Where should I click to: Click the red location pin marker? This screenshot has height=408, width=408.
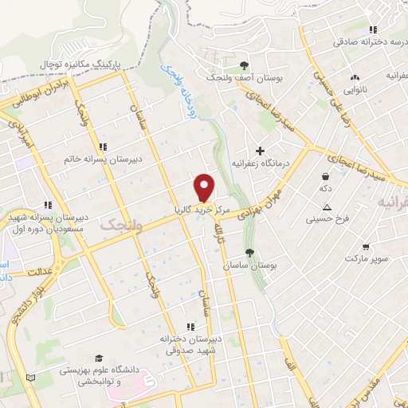pyautogui.click(x=205, y=187)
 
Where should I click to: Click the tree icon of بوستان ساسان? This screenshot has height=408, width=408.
pyautogui.click(x=250, y=253)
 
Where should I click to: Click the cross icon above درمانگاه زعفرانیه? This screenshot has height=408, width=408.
pyautogui.click(x=260, y=151)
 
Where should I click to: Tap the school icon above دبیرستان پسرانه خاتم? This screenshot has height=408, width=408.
pyautogui.click(x=103, y=147)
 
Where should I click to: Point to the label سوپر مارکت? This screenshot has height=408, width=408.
pyautogui.click(x=365, y=260)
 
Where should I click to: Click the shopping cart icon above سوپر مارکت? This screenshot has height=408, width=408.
pyautogui.click(x=365, y=247)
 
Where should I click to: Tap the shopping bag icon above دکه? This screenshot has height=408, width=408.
pyautogui.click(x=326, y=177)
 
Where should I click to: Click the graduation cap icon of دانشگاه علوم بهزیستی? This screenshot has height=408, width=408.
pyautogui.click(x=99, y=358)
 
